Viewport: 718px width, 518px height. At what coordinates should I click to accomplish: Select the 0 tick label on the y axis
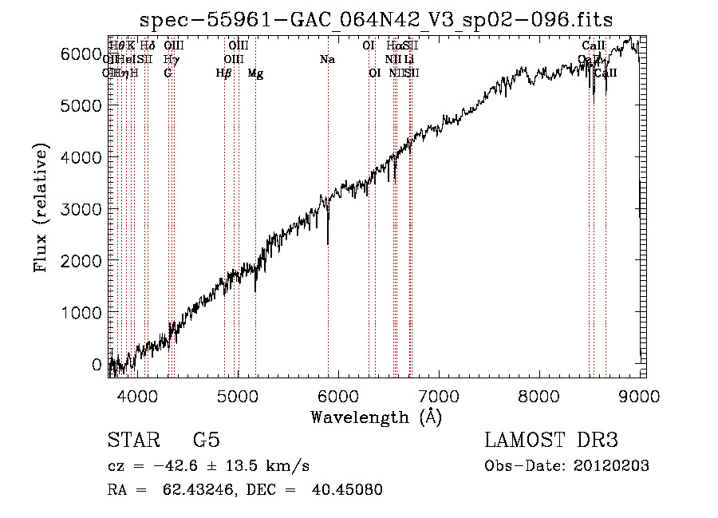tap(97, 365)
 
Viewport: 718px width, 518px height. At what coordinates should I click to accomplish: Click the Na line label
tap(327, 59)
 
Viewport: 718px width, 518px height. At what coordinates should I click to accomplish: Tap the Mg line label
tap(255, 73)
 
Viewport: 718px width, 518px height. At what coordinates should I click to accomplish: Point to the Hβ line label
tap(224, 73)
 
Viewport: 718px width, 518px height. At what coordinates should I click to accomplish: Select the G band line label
tap(168, 73)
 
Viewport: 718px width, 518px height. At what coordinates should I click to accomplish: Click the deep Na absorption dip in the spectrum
tap(328, 243)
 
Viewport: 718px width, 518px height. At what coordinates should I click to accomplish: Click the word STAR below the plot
tap(132, 441)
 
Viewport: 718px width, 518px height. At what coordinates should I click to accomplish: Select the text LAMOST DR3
tap(551, 441)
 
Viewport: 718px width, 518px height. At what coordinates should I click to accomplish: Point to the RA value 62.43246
tap(188, 490)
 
